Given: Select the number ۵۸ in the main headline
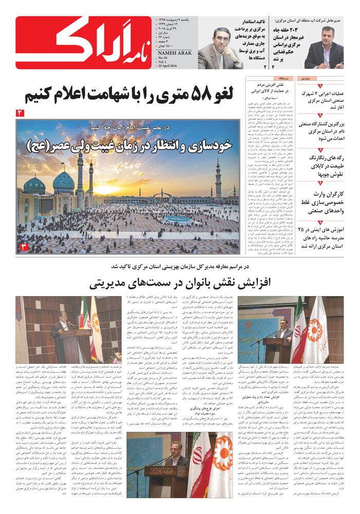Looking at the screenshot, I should click(x=193, y=94).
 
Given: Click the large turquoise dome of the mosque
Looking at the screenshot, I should click(x=63, y=181).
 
